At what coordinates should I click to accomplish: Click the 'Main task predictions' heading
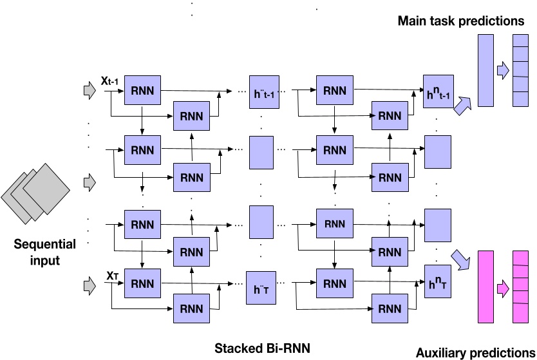[x=461, y=21]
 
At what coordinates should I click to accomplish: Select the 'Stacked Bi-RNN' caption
[x=262, y=348]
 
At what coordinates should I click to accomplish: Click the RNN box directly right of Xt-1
[x=143, y=91]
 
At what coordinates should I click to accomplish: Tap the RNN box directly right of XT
[x=143, y=283]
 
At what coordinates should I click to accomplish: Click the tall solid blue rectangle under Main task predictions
[x=485, y=70]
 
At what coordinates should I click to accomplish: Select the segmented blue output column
[x=520, y=70]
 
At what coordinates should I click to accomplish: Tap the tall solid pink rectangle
[x=485, y=287]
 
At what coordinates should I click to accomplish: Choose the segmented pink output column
[x=520, y=287]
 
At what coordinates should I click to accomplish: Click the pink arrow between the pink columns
[x=502, y=287]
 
